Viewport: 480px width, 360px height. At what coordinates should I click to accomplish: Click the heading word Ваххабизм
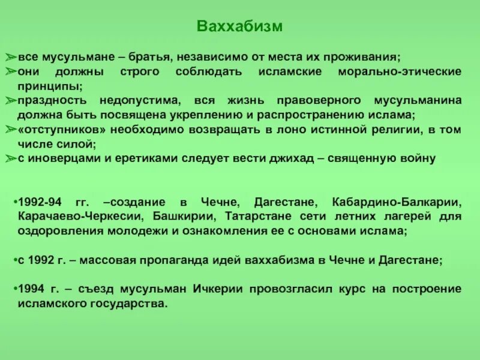(239, 27)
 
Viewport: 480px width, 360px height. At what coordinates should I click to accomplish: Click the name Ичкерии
(218, 289)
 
